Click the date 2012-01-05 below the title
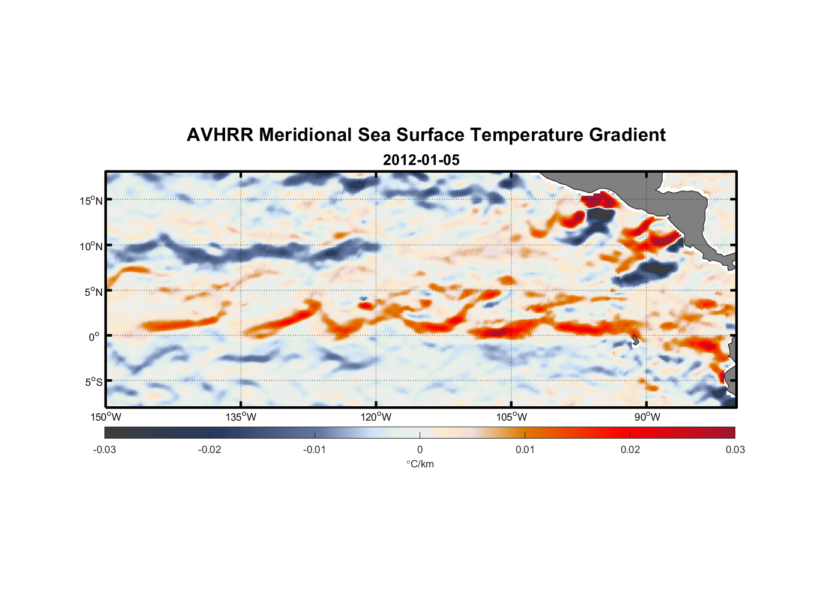421,160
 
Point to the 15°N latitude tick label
91,200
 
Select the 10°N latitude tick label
91,246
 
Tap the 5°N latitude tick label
93,292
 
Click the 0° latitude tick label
94,337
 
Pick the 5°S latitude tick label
93,382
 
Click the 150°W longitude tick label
106,417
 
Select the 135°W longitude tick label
241,417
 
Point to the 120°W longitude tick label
376,417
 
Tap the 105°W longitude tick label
511,417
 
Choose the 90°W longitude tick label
647,417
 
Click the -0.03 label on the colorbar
104,449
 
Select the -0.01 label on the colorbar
315,449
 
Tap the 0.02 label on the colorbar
630,449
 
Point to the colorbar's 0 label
420,449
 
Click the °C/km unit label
420,464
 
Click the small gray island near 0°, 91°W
635,340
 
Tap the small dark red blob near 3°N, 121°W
365,305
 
